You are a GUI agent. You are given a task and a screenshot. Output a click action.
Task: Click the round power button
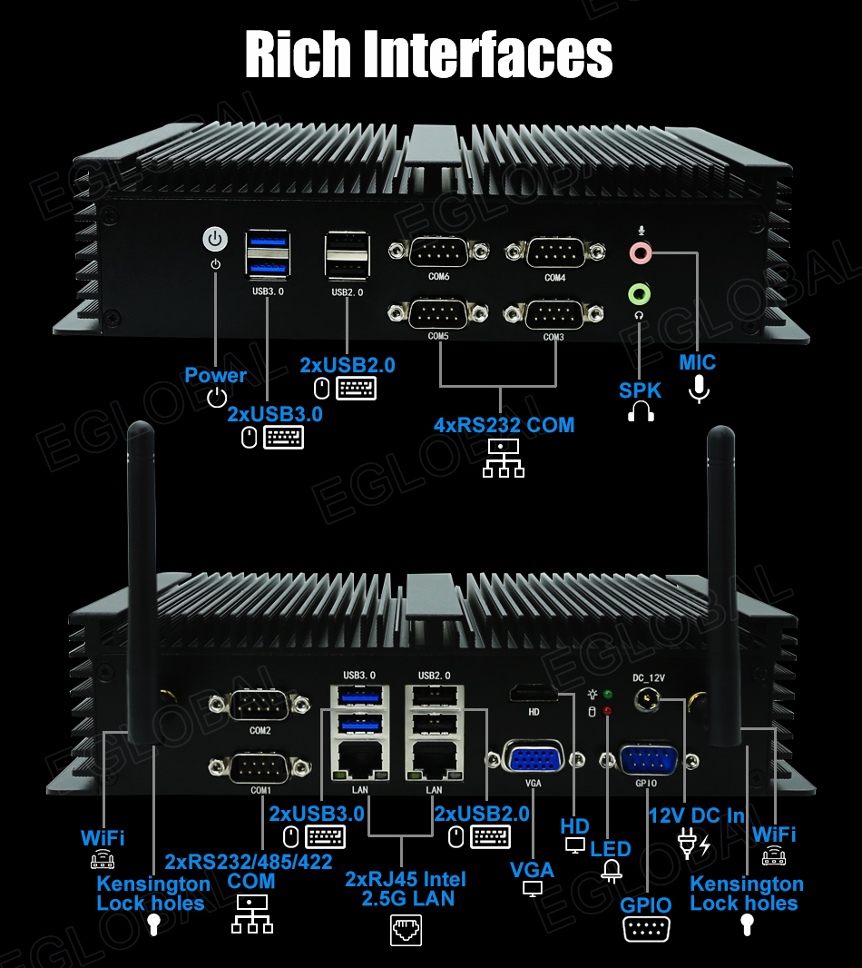pos(214,239)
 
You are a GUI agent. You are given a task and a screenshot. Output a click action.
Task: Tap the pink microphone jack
pos(640,252)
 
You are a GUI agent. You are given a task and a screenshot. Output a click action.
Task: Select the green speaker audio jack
pos(640,292)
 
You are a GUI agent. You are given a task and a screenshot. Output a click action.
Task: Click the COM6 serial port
pos(438,252)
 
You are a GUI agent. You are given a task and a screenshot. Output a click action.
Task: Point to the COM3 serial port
pos(553,314)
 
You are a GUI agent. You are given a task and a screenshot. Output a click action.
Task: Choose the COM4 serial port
pos(555,252)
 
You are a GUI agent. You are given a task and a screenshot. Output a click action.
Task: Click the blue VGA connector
pos(534,758)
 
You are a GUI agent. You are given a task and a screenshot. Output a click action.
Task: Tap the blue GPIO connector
pos(646,759)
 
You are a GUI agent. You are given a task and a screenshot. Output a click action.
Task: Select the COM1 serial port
pos(261,769)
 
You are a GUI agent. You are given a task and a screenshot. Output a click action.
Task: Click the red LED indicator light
pos(607,709)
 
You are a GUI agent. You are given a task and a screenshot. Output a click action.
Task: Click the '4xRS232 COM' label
pos(504,424)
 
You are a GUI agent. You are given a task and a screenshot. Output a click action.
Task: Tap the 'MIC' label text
pos(698,362)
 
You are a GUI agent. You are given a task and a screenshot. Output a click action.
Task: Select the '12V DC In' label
pos(696,815)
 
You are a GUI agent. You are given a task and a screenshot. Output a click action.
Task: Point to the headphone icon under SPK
pos(641,412)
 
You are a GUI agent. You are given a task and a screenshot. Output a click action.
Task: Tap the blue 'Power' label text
pos(216,375)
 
